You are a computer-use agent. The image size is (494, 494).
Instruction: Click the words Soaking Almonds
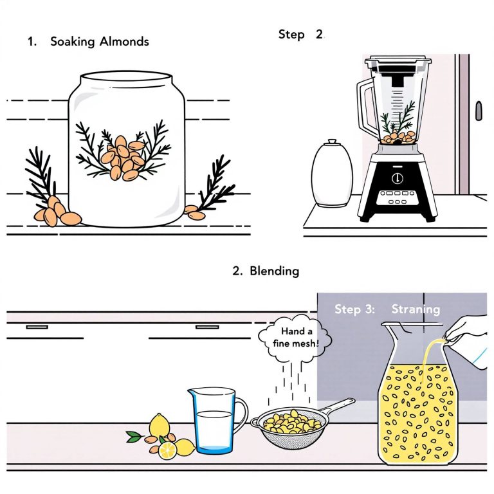click(99, 42)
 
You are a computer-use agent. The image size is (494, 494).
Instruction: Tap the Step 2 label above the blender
click(301, 35)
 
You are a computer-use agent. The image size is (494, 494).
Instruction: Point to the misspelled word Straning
click(416, 309)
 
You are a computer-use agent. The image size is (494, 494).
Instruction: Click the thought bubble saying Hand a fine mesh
click(295, 338)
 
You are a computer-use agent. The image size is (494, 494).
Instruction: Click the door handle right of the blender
click(478, 110)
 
